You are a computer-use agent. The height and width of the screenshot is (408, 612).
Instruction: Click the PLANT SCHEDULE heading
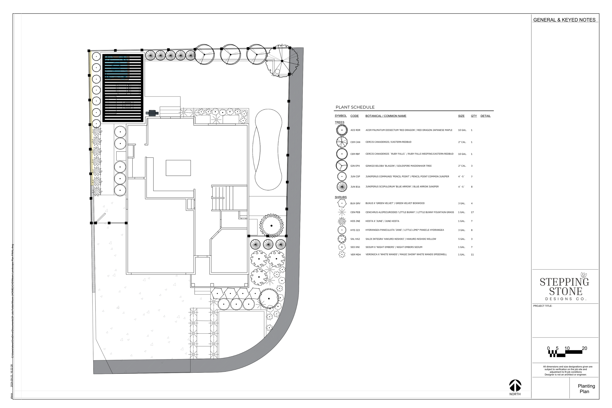coord(355,107)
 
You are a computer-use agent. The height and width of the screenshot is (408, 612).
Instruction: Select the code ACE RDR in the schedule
coord(355,130)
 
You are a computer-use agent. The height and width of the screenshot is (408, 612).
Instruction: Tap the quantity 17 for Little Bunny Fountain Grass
coord(472,212)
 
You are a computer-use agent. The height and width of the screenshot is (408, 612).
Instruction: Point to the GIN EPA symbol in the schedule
coord(342,165)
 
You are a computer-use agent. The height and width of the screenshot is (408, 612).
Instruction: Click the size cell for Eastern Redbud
coord(462,142)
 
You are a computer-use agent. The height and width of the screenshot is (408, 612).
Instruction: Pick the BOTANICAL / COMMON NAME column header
coord(386,116)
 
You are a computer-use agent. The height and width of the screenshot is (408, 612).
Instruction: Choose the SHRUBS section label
coord(340,197)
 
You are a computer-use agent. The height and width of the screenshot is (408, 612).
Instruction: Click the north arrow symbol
coord(515,385)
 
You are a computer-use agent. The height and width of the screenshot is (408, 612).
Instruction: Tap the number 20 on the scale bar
coord(584,349)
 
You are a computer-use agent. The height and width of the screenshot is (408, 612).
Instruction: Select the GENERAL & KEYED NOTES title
coord(564,20)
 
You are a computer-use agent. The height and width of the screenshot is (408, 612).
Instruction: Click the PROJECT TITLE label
coord(542,306)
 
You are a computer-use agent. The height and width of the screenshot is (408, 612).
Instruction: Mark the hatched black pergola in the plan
coord(123,88)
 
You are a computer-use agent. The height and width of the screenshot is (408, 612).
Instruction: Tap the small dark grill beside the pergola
coord(152,113)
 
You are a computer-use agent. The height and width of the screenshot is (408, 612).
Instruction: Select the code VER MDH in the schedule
coord(355,255)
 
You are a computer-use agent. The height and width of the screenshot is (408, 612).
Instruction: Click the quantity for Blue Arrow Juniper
coord(471,187)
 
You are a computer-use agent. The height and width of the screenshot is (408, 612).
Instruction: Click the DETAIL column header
coord(485,116)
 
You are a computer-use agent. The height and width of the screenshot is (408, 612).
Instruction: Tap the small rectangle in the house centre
coord(178,168)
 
